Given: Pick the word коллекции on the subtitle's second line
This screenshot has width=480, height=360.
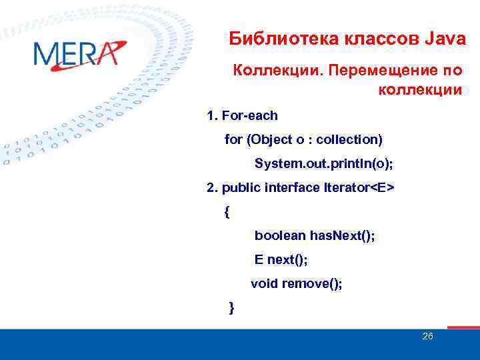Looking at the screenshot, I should pyautogui.click(x=420, y=90).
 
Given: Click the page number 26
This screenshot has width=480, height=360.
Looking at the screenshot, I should pyautogui.click(x=428, y=336).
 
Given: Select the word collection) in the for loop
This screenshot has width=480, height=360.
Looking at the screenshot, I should pyautogui.click(x=349, y=139).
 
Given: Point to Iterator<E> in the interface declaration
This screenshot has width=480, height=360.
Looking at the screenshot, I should pyautogui.click(x=359, y=187).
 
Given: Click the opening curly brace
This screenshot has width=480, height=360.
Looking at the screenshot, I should pyautogui.click(x=227, y=213).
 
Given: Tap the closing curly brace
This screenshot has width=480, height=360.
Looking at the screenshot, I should pyautogui.click(x=231, y=307).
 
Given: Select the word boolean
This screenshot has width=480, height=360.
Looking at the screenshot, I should pyautogui.click(x=279, y=235).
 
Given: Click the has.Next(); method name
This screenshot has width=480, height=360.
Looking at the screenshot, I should pyautogui.click(x=341, y=235).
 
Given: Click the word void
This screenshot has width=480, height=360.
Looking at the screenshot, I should pyautogui.click(x=264, y=283).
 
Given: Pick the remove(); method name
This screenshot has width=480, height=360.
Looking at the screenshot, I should pyautogui.click(x=312, y=283).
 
